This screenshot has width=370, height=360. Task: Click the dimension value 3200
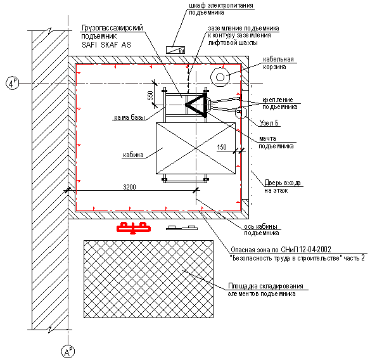click(x=129, y=187)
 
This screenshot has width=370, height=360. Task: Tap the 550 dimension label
click(x=151, y=95)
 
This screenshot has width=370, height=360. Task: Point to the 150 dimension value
click(x=222, y=147)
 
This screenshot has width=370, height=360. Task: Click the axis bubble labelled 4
click(x=12, y=83)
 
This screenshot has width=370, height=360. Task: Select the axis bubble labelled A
click(x=68, y=352)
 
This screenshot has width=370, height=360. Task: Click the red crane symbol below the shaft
click(x=134, y=228)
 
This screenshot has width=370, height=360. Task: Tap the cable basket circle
click(x=220, y=77)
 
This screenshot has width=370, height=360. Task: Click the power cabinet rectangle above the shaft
click(x=175, y=50)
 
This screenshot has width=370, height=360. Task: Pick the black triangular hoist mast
click(x=196, y=105)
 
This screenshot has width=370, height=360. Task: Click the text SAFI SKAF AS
click(x=106, y=44)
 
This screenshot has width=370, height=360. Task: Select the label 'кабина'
click(x=133, y=155)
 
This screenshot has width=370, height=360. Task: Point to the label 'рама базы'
click(x=129, y=117)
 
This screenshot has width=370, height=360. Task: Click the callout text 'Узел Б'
click(x=269, y=123)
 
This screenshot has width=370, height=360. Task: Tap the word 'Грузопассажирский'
click(x=112, y=28)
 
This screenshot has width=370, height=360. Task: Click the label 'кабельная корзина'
click(x=278, y=63)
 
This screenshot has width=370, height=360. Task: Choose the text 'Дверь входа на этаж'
click(x=282, y=186)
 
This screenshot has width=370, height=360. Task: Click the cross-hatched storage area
click(x=149, y=279)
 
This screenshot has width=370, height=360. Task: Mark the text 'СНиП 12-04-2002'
click(x=306, y=249)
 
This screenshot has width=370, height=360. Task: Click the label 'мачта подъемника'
click(x=276, y=143)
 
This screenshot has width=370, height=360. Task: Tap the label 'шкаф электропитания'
click(x=221, y=5)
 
